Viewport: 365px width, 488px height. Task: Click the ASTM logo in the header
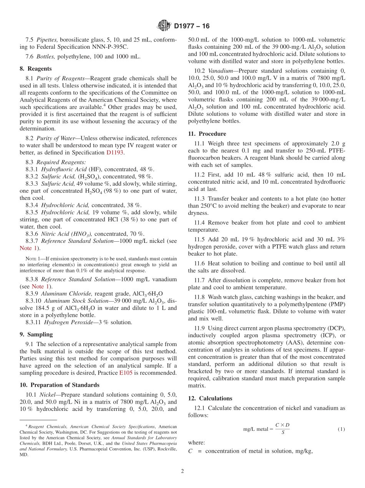click(164, 26)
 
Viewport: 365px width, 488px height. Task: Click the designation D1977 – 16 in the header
click(192, 26)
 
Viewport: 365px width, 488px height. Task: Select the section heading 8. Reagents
click(36, 68)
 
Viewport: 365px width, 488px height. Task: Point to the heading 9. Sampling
click(36, 334)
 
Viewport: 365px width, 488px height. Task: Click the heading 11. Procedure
click(207, 134)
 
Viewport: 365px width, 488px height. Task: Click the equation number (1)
click(341, 429)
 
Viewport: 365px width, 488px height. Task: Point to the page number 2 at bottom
click(182, 471)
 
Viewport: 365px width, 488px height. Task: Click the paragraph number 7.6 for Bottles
click(30, 56)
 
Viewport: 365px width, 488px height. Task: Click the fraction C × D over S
click(282, 429)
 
